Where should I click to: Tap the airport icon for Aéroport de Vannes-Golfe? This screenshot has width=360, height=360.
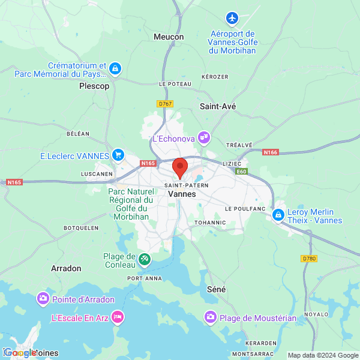(233, 18)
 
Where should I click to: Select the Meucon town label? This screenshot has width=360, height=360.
(169, 37)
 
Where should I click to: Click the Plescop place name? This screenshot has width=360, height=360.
(94, 86)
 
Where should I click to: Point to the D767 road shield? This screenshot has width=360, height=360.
(165, 104)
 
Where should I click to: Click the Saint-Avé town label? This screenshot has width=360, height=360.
(217, 106)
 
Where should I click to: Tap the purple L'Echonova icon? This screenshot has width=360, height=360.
(204, 138)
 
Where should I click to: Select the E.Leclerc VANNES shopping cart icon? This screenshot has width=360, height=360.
(118, 155)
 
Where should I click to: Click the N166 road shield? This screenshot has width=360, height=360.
(271, 153)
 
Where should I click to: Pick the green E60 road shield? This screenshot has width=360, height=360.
(241, 172)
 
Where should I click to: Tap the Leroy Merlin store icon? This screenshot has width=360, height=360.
(278, 214)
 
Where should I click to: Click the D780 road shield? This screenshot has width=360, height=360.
(308, 259)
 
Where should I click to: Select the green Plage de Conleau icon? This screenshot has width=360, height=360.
(145, 259)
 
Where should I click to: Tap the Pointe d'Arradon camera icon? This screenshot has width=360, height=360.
(43, 298)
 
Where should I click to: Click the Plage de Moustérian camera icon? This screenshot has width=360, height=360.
(211, 316)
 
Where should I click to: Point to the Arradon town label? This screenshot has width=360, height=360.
(66, 268)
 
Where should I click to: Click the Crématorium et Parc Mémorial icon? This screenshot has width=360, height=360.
(115, 69)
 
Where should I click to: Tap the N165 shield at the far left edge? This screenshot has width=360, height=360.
(14, 182)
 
